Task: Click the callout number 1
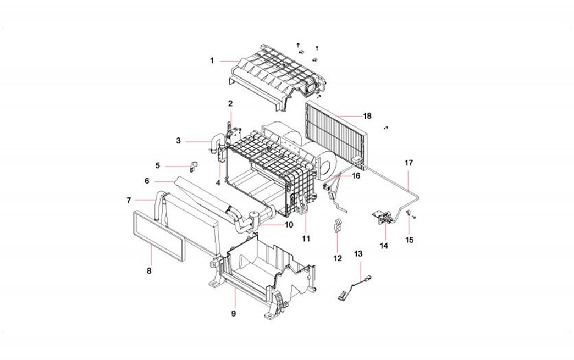click(x=212, y=61)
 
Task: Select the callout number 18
click(x=367, y=116)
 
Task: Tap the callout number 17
click(x=408, y=163)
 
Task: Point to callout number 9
click(x=234, y=313)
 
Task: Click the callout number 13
click(x=358, y=254)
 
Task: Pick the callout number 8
click(x=149, y=270)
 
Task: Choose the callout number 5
click(x=157, y=165)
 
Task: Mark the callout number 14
click(x=384, y=246)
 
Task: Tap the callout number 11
click(x=306, y=239)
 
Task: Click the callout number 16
click(x=356, y=176)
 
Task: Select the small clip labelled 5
click(x=194, y=165)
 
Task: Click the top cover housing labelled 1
click(x=275, y=74)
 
